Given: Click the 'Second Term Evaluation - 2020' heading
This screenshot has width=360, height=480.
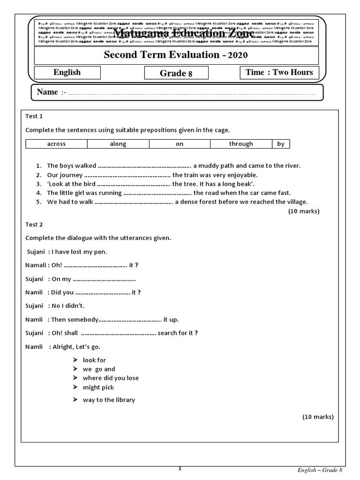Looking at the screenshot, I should (x=176, y=55).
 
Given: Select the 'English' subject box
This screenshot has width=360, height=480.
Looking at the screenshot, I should (x=67, y=73).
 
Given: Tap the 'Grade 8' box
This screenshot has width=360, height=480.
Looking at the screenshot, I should (x=176, y=73).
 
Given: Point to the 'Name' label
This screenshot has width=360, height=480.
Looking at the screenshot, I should (x=47, y=92).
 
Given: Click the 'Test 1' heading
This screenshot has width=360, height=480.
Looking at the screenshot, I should (x=34, y=116).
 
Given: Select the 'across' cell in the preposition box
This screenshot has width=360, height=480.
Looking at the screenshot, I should (x=56, y=144).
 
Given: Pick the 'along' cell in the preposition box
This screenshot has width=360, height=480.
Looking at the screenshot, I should (x=118, y=144).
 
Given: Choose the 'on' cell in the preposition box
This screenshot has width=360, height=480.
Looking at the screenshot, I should (x=180, y=144).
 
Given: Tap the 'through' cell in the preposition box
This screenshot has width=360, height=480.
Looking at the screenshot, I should (x=241, y=144).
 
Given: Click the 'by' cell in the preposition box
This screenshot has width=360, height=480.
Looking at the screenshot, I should (x=281, y=144).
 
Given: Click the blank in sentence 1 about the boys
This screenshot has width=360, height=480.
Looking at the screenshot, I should (x=144, y=166).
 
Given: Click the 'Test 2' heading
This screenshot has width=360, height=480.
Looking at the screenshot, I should (x=34, y=225).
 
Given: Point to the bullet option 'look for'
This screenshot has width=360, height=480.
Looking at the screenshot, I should (x=94, y=360).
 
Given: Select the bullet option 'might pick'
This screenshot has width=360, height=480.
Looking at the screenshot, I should (x=98, y=387).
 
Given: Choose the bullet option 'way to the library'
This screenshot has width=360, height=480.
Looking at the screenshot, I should (x=109, y=400).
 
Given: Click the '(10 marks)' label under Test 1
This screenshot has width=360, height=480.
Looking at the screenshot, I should (x=303, y=211).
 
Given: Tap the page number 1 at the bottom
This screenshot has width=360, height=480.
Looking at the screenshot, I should (x=180, y=468).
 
